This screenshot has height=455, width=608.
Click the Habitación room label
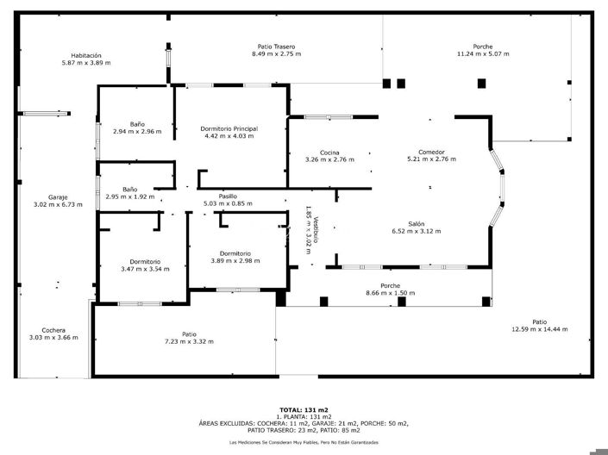pos(86,55)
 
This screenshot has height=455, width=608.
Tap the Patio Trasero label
pos(277,47)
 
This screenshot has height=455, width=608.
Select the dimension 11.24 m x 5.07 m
pos(483,54)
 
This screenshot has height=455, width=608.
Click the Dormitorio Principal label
pos(229,128)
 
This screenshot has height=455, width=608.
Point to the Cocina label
pos(329,152)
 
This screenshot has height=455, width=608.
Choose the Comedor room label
pos(431,152)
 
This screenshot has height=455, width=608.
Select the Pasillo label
pos(228,196)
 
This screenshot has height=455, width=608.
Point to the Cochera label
pos(53,329)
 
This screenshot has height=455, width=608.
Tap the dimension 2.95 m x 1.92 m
pos(129,196)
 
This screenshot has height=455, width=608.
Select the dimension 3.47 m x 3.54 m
pos(145,269)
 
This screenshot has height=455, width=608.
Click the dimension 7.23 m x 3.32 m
pos(189,341)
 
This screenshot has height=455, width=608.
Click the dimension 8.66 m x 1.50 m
pos(390,293)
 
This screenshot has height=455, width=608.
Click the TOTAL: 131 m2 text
pos(304,409)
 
